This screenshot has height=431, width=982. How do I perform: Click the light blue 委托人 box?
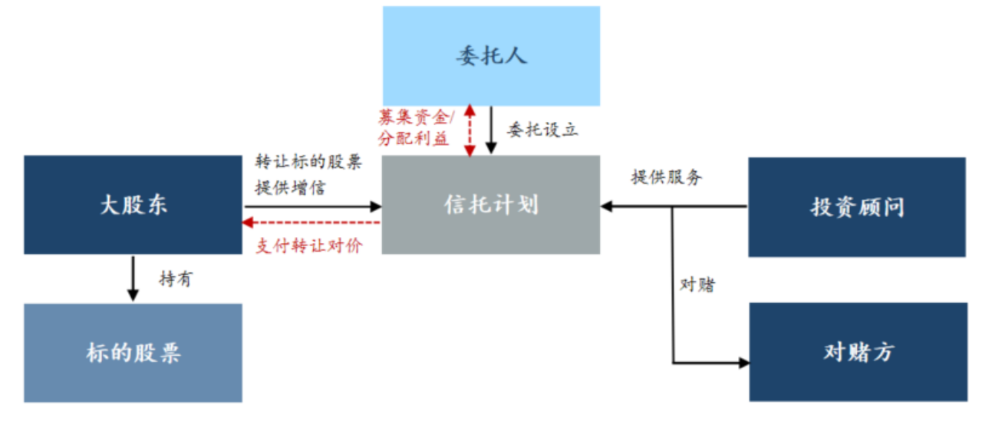click(491, 56)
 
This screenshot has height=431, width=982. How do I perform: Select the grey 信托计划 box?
click(491, 205)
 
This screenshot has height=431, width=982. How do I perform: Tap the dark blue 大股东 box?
click(133, 205)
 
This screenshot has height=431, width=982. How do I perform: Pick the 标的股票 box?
click(133, 353)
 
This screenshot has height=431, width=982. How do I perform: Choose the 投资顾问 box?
click(857, 207)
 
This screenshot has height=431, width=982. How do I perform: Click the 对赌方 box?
click(857, 352)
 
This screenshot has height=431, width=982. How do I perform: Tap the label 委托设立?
click(542, 129)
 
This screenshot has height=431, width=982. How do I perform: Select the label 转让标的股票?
click(308, 163)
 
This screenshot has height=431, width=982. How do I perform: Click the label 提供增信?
click(290, 186)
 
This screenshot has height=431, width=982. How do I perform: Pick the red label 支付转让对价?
click(308, 246)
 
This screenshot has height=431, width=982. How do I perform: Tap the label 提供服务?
click(666, 177)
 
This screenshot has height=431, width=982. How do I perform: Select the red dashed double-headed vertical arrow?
click(469, 130)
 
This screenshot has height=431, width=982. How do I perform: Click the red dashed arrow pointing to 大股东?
click(311, 222)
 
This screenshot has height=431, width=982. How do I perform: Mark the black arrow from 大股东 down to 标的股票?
click(133, 278)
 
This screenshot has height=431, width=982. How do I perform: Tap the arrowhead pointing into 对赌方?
click(743, 362)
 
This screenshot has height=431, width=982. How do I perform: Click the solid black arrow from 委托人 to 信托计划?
click(489, 130)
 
